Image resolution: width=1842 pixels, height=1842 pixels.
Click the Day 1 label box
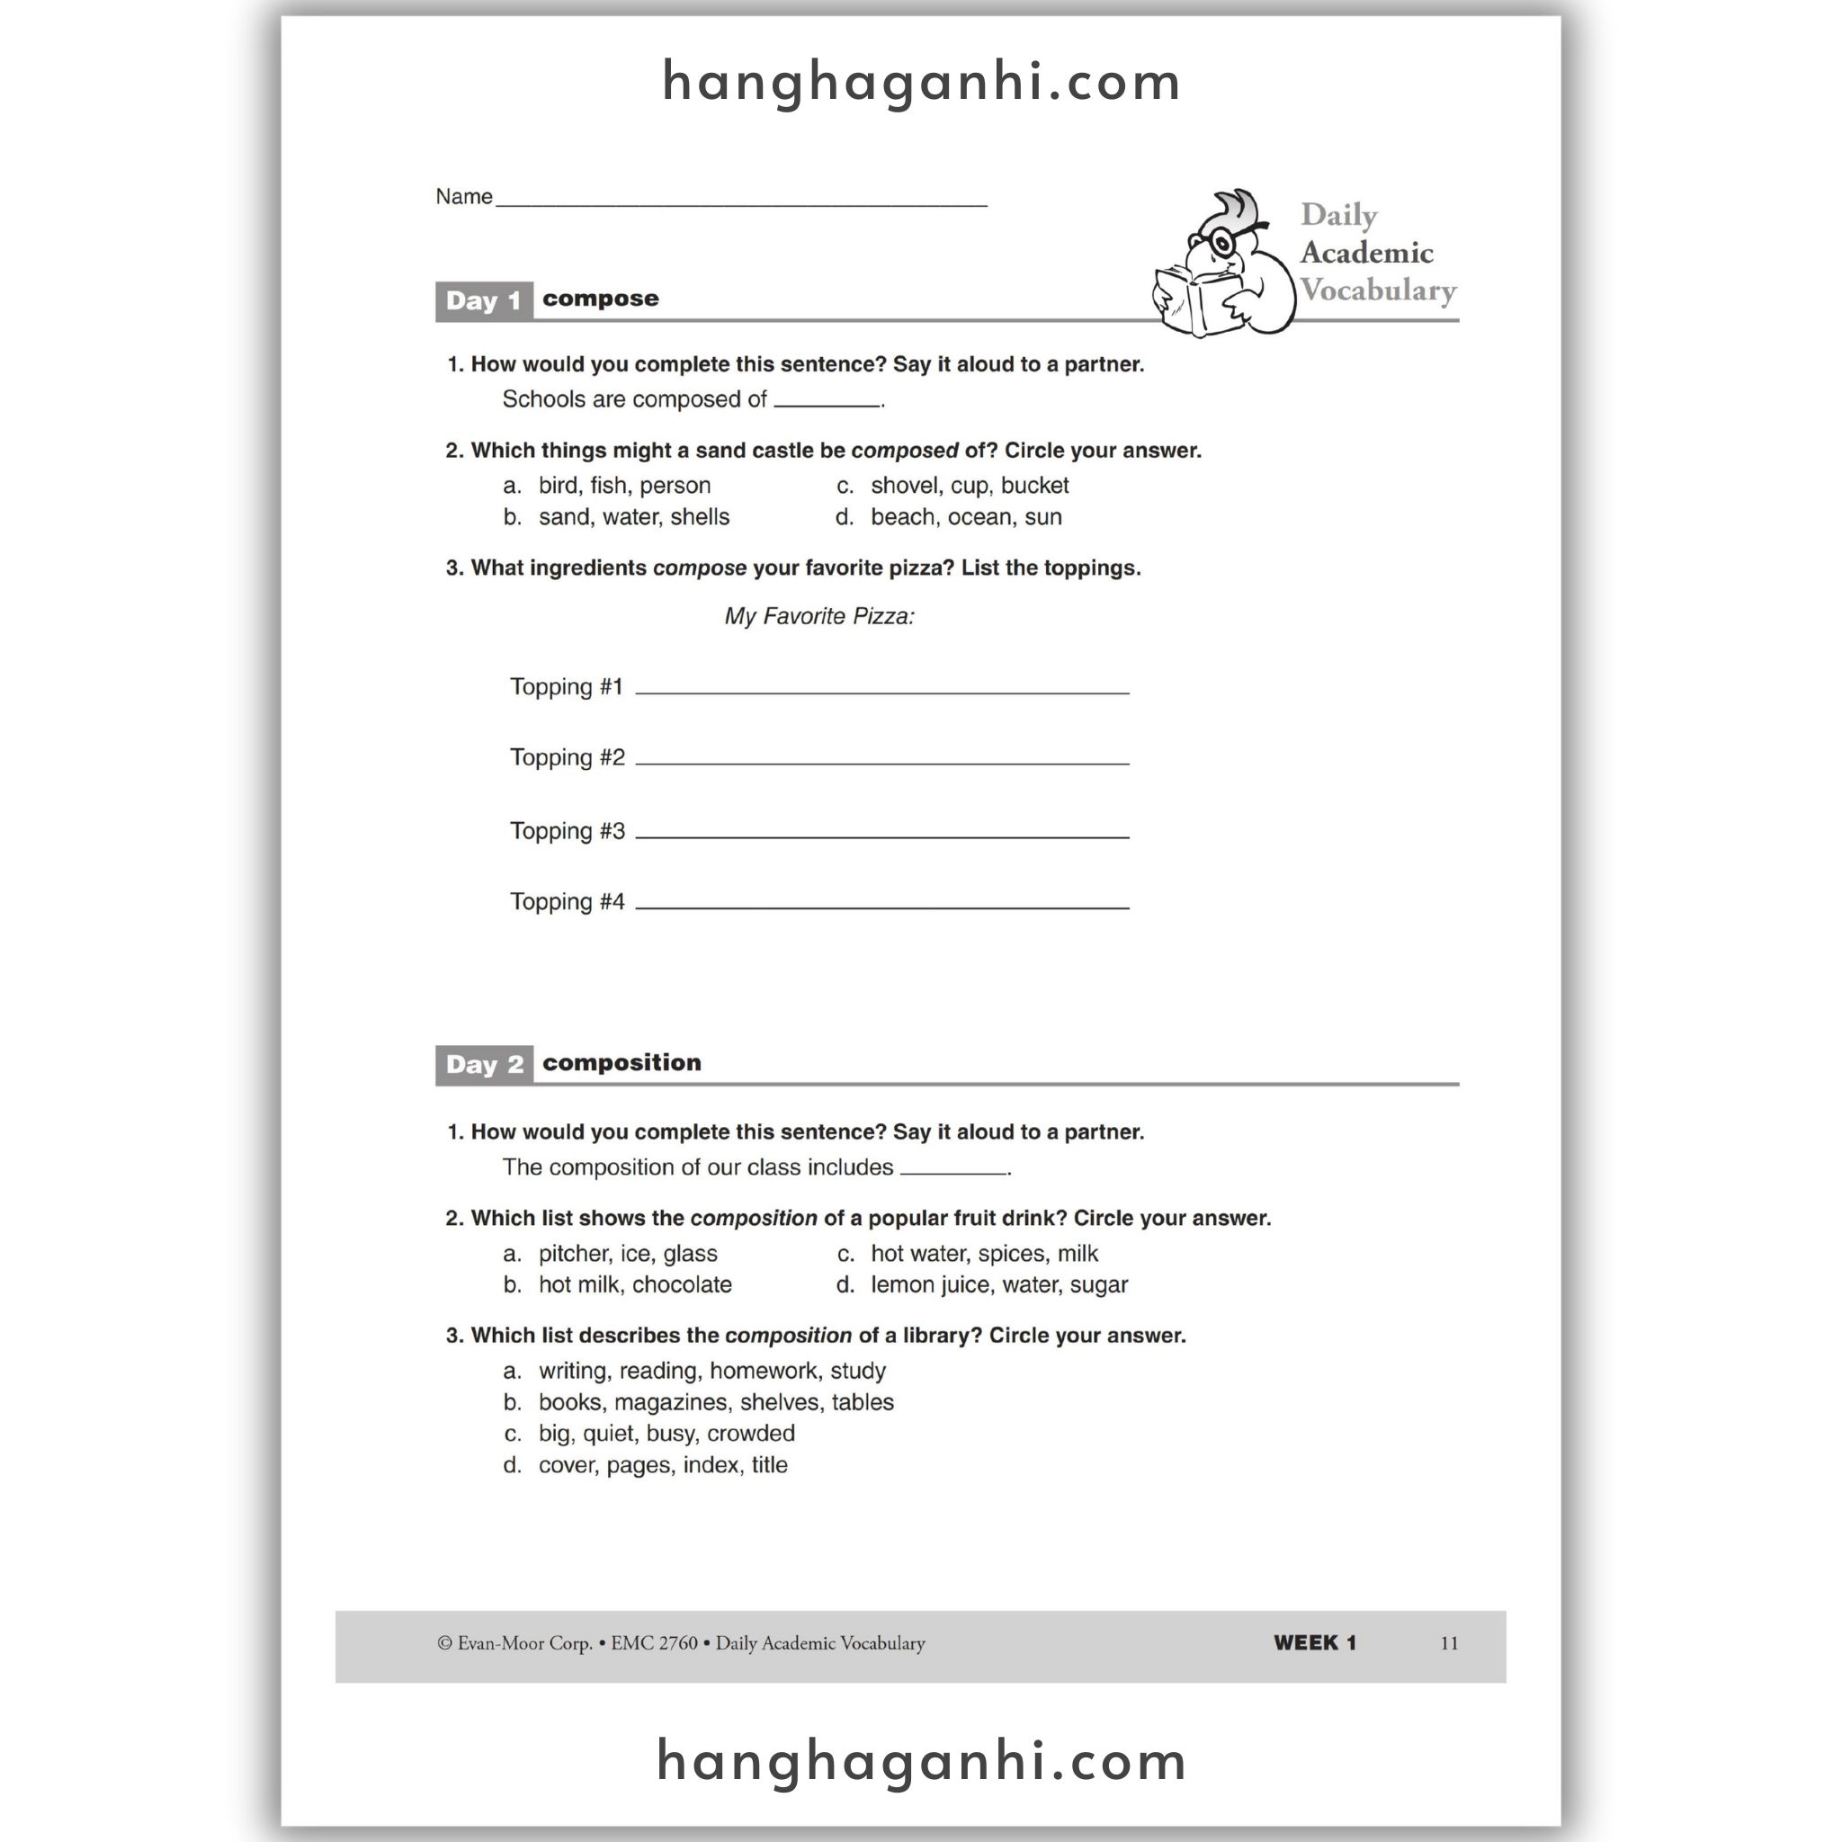pos(483,301)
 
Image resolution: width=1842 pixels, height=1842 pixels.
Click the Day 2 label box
pos(483,1065)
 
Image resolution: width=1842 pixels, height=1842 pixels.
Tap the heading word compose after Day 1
pos(601,299)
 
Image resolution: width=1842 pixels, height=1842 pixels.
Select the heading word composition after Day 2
pos(621,1062)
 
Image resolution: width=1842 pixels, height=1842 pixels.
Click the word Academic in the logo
pos(1366,253)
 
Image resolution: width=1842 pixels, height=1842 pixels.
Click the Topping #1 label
pos(567,686)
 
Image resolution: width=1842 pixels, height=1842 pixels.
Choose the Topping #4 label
pos(568,902)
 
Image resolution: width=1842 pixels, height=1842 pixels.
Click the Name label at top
pos(464,196)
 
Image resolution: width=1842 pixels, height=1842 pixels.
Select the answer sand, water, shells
pos(634,518)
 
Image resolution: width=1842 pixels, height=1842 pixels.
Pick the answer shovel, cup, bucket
pos(970,487)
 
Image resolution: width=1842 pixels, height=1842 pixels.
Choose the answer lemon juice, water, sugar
pos(999,1285)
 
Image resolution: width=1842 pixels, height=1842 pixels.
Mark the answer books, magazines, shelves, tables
pos(716,1402)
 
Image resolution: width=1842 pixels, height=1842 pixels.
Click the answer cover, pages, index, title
pos(663,1465)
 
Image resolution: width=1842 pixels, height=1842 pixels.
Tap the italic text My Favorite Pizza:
pos(819,617)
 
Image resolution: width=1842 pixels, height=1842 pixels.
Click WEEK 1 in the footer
pos(1315,1642)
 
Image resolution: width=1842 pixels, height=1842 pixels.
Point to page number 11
pos(1449,1642)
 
